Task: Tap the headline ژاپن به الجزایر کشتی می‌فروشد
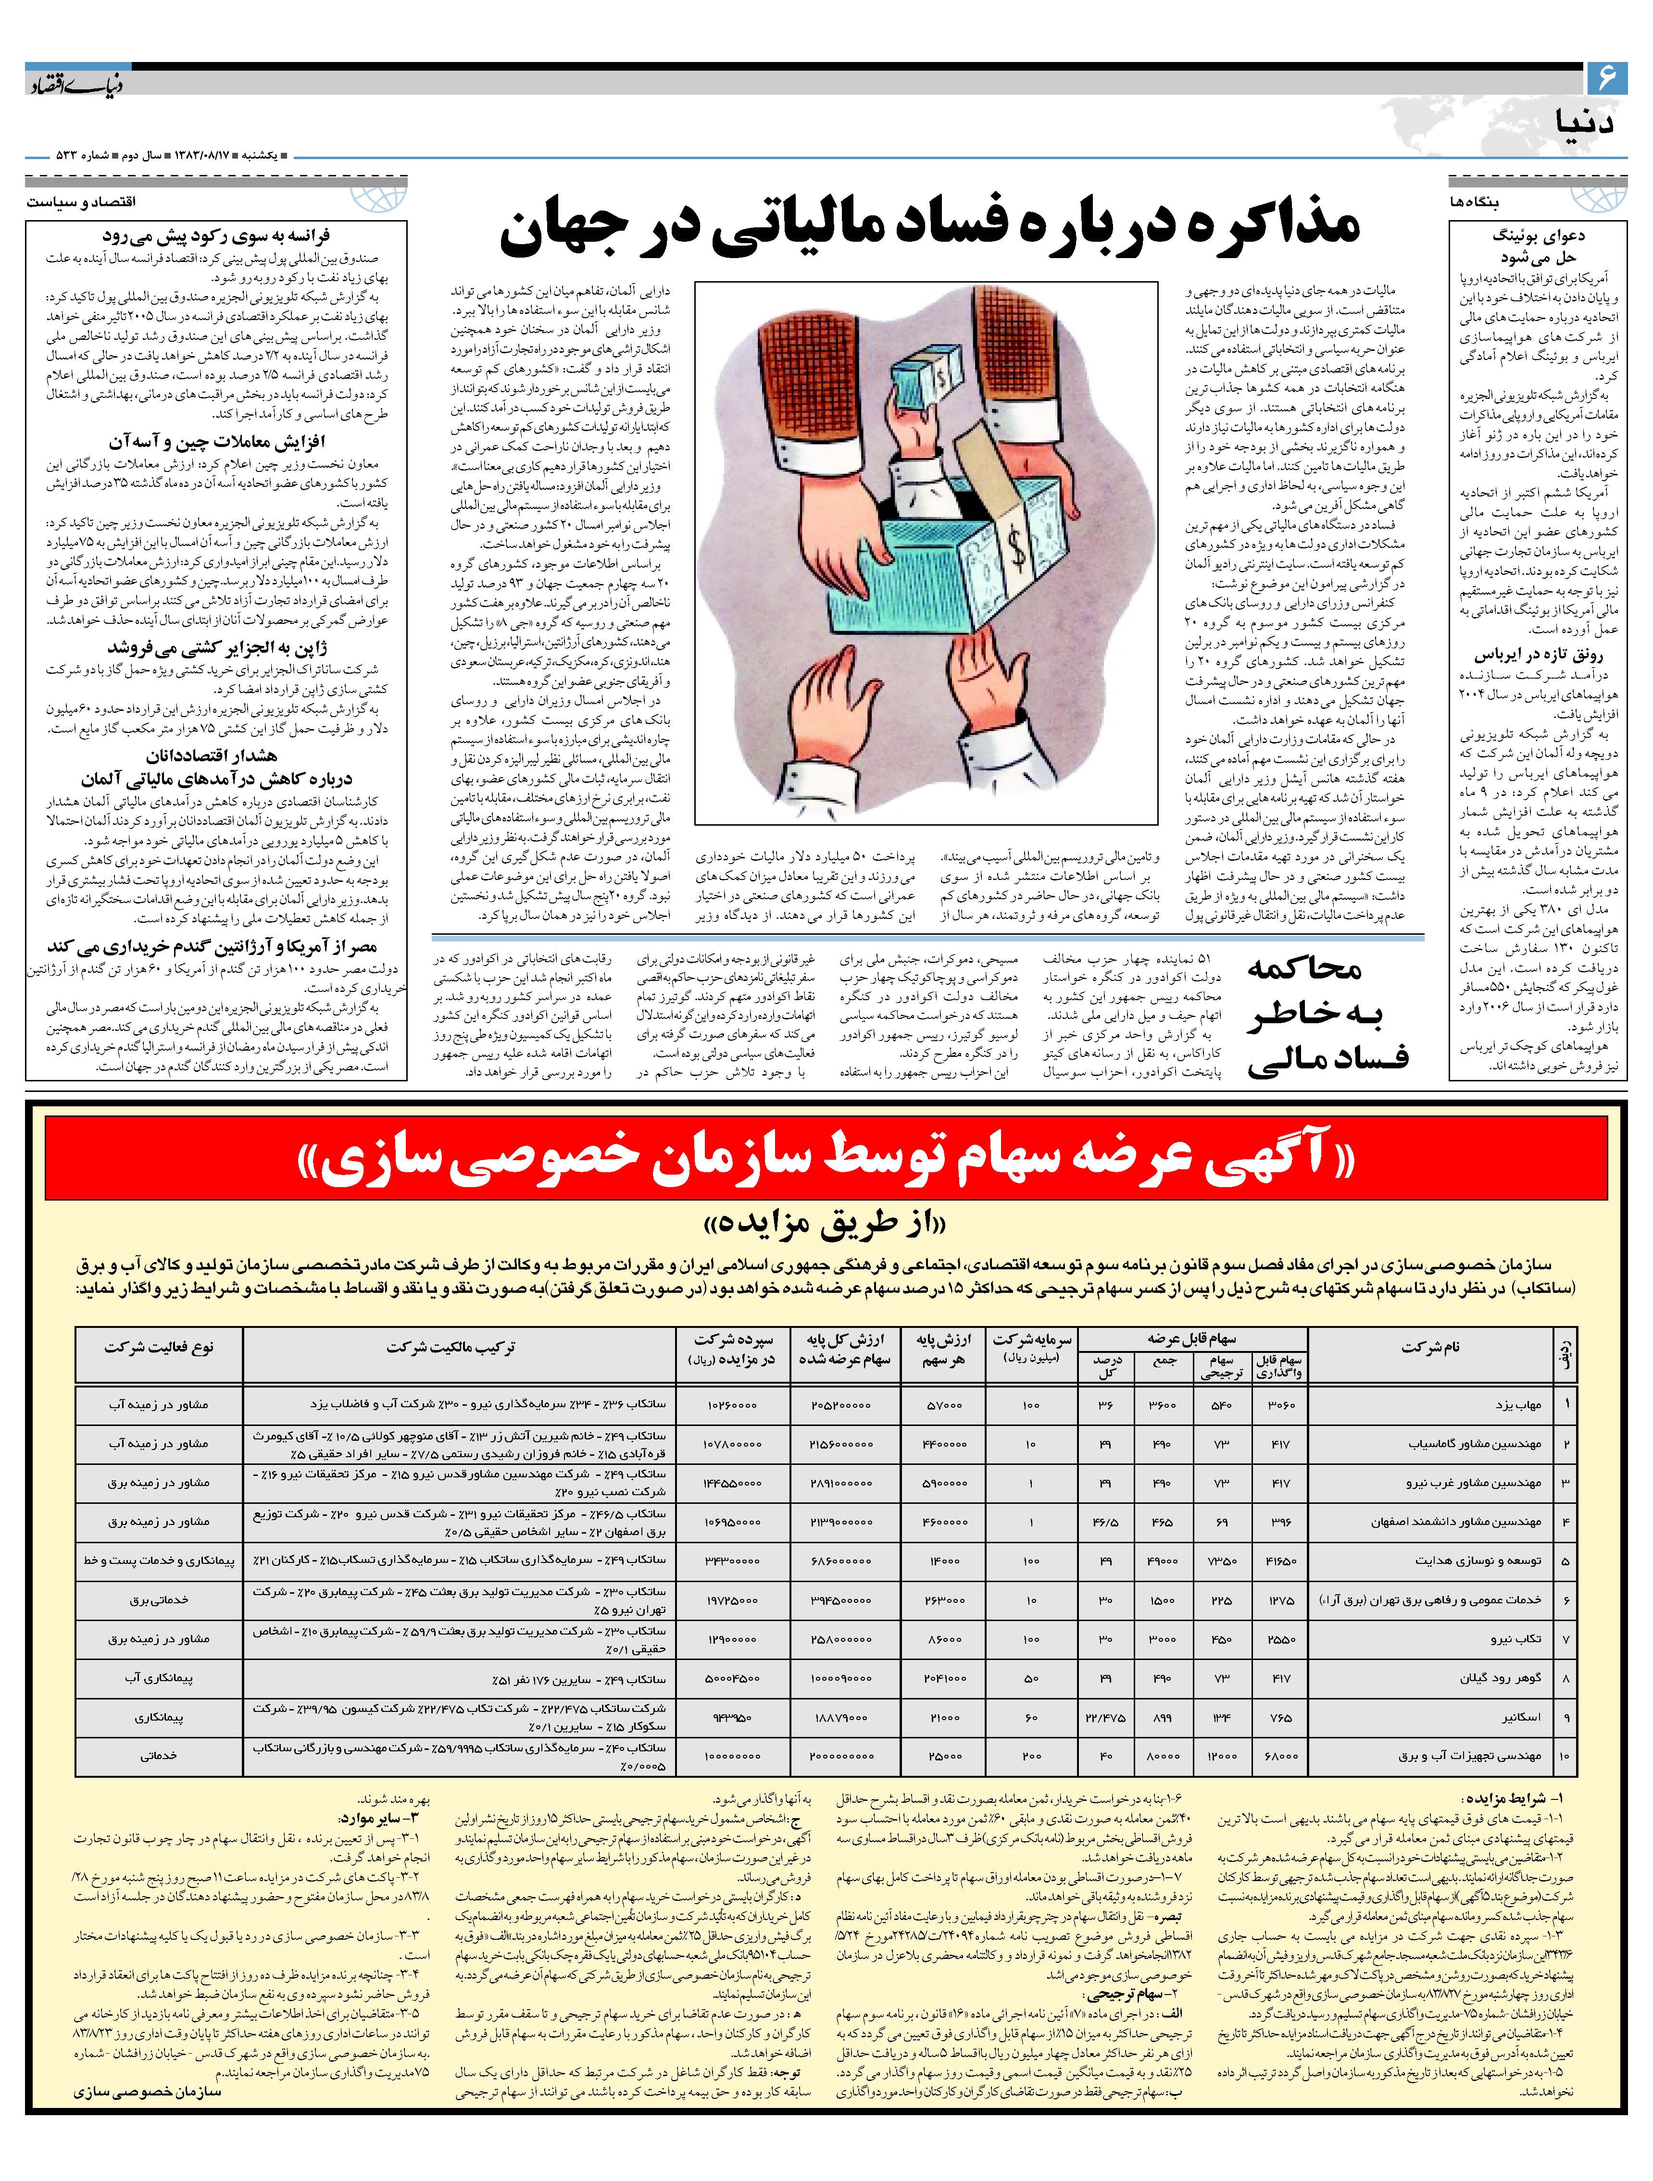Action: click(x=217, y=648)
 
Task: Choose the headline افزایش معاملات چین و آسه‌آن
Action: click(x=217, y=441)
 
